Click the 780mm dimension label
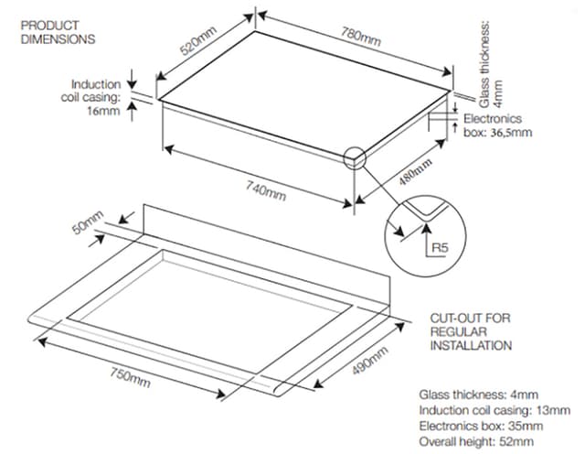[x=361, y=37]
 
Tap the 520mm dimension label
[x=197, y=40]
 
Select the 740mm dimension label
[x=266, y=190]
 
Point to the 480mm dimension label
[x=415, y=172]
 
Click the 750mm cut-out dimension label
[x=130, y=376]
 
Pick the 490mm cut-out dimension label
[x=369, y=361]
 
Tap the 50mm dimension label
[x=88, y=222]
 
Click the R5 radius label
[x=440, y=247]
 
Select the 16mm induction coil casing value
[x=103, y=111]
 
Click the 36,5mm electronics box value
[x=511, y=133]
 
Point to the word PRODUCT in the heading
[x=49, y=26]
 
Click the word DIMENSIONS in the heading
[x=58, y=39]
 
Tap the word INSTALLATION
[x=471, y=346]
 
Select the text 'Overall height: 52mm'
[x=476, y=442]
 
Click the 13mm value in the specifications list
[x=553, y=410]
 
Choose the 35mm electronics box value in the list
[x=526, y=426]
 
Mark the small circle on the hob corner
[x=355, y=158]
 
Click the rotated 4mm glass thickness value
[x=498, y=93]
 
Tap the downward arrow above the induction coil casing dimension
[x=132, y=79]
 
